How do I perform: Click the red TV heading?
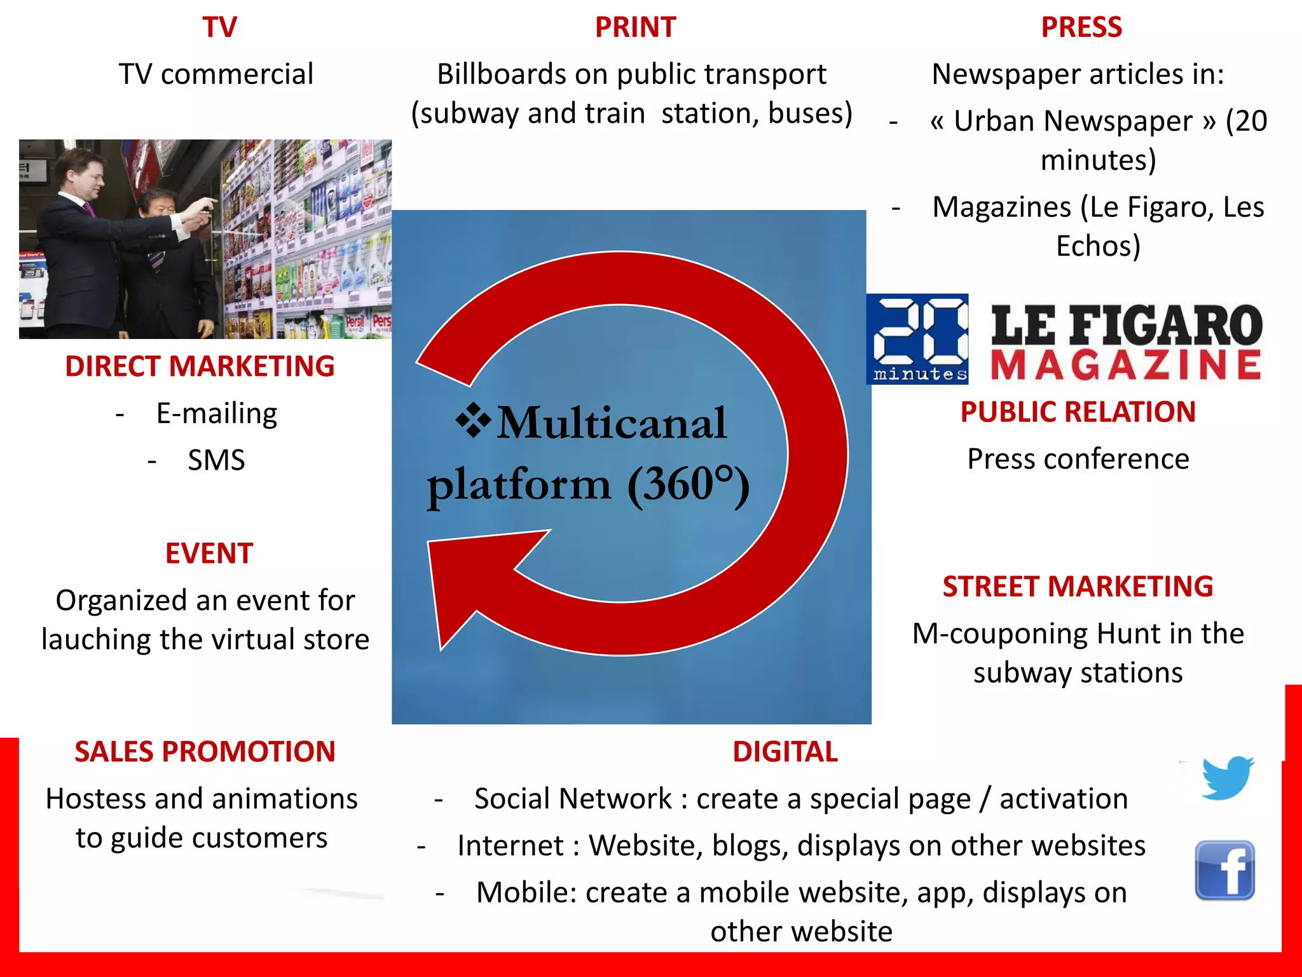point(219,27)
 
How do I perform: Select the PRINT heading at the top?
point(635,27)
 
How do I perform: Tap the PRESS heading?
point(1081,27)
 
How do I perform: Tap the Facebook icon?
point(1224,870)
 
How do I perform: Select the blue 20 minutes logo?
point(917,339)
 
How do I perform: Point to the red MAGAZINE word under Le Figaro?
point(1125,365)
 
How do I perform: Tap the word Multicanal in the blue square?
point(612,423)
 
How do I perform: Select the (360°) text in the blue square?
point(689,485)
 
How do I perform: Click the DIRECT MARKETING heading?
point(200,366)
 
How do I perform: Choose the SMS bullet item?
point(216,460)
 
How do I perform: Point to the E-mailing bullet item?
point(216,413)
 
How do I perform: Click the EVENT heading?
point(209,553)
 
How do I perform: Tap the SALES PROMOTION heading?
point(205,752)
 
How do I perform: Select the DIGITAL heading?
point(785,752)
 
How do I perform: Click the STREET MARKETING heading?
point(1078,586)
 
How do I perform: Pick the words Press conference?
point(1078,459)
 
